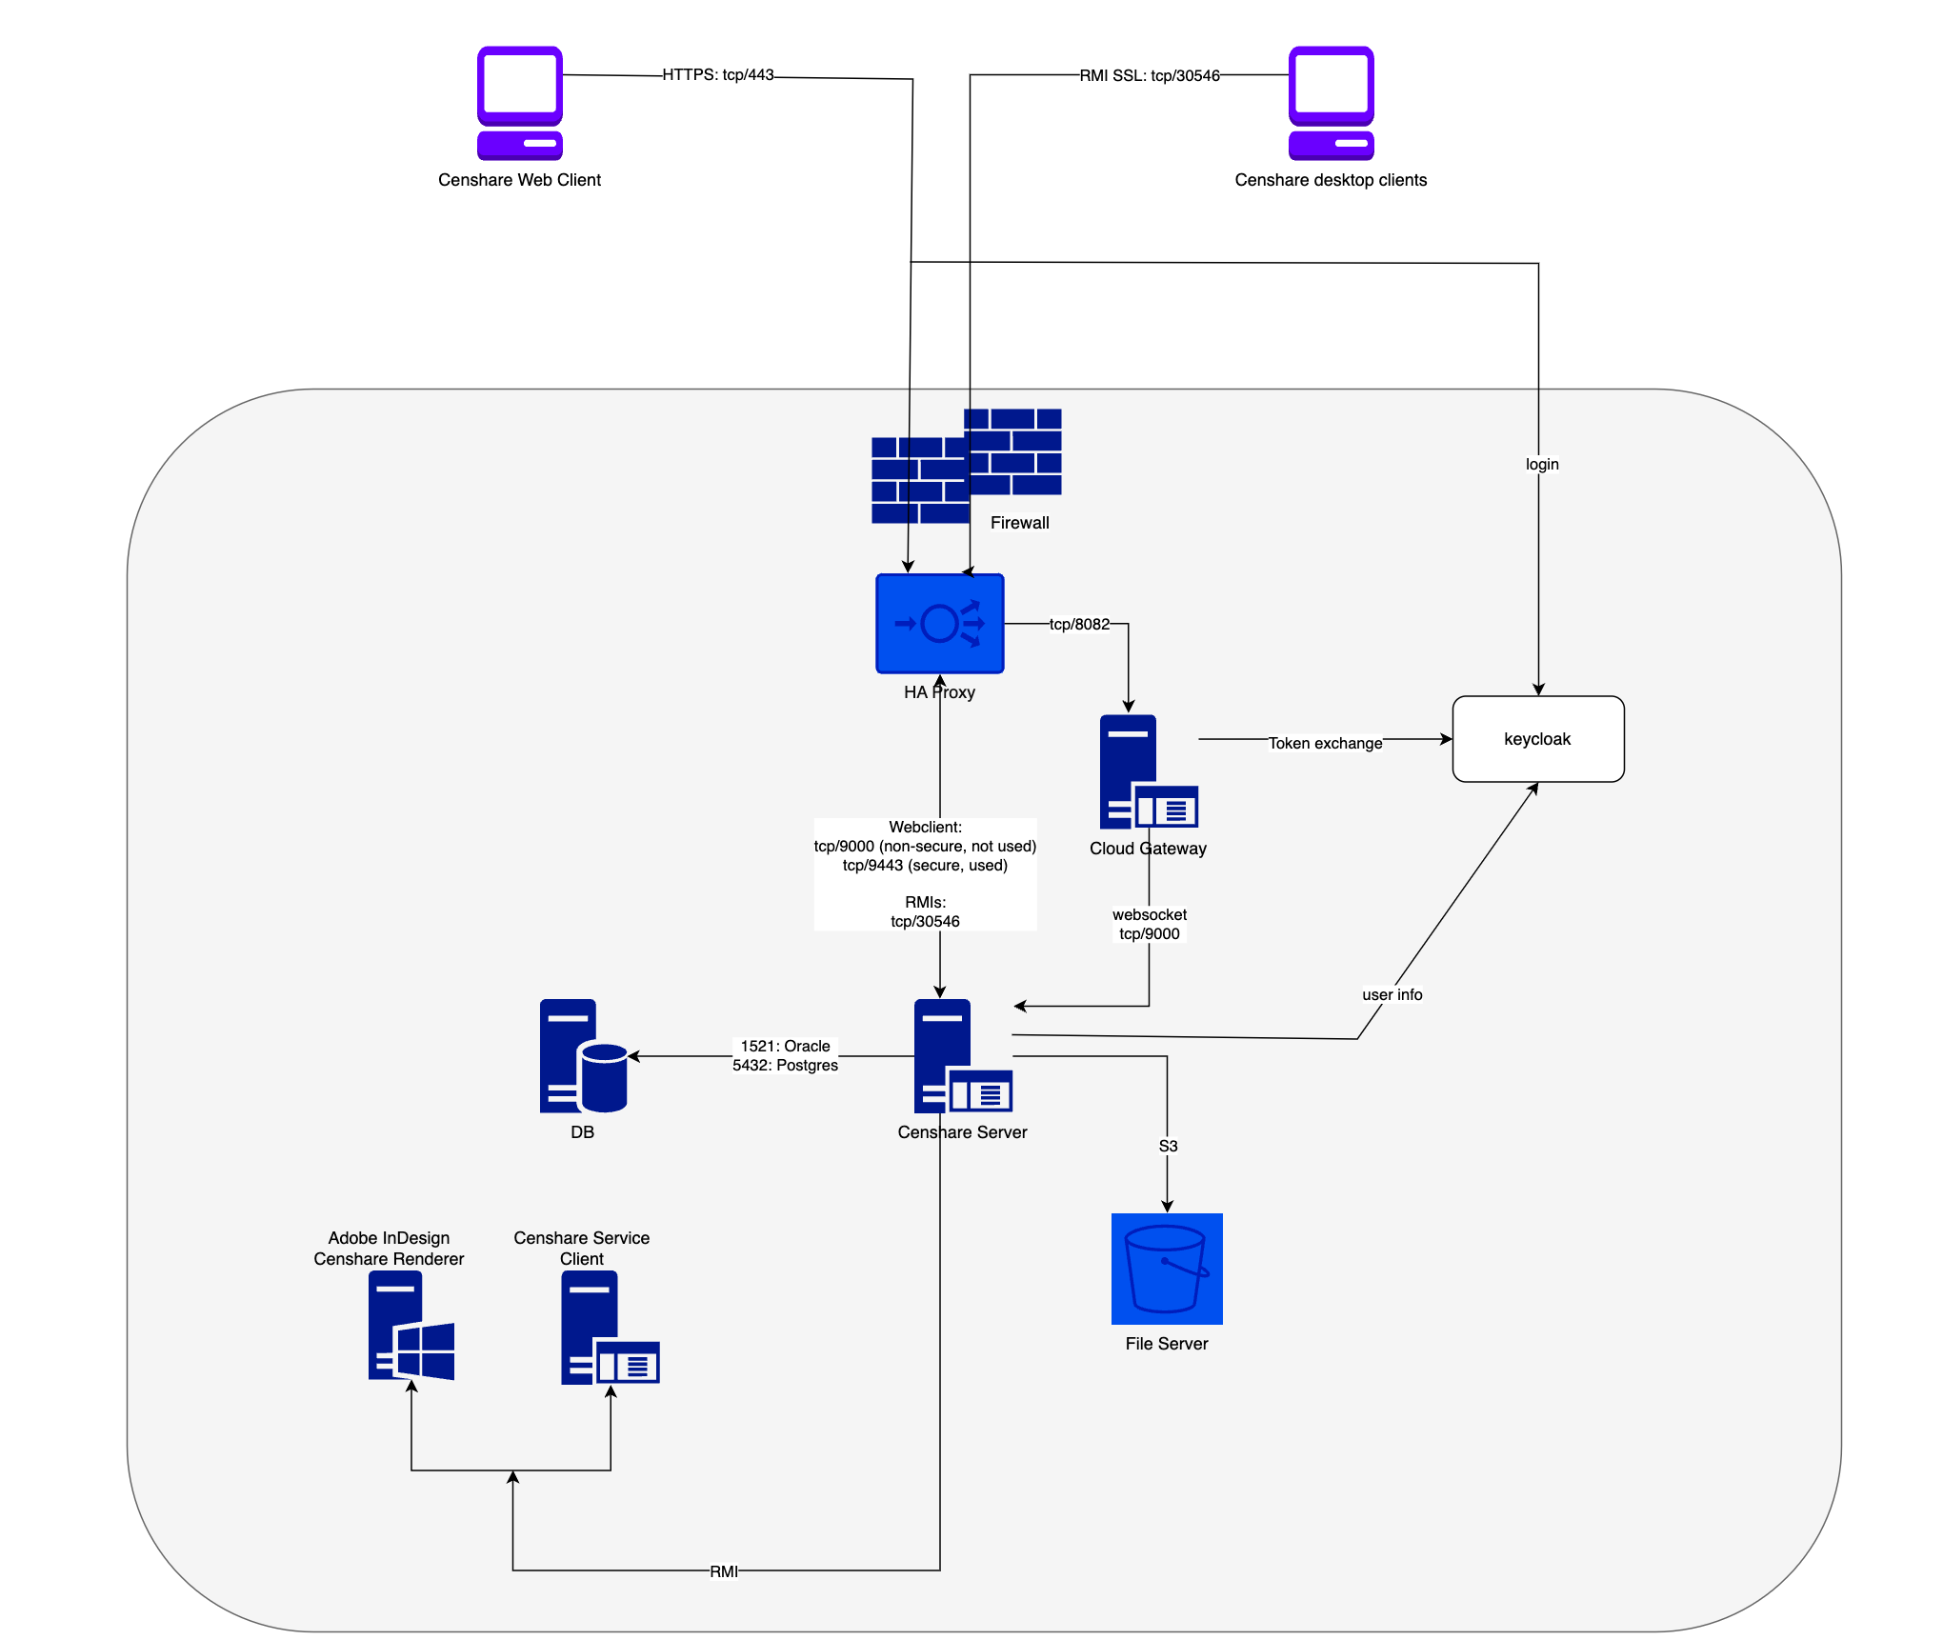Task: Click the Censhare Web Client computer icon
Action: pyautogui.click(x=519, y=103)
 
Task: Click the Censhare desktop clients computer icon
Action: pyautogui.click(x=1331, y=103)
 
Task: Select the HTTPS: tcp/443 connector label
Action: pyautogui.click(x=718, y=75)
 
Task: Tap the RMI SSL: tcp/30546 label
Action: pyautogui.click(x=1149, y=76)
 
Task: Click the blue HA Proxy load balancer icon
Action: pyautogui.click(x=939, y=624)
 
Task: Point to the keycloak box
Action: pyautogui.click(x=1537, y=739)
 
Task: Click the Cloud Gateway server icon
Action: pyautogui.click(x=1147, y=772)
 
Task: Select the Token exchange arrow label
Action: pyautogui.click(x=1324, y=743)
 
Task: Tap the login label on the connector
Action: pyautogui.click(x=1541, y=465)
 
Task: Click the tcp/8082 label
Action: pyautogui.click(x=1079, y=625)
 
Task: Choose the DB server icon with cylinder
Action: pyautogui.click(x=582, y=1056)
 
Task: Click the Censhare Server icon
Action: pyautogui.click(x=961, y=1056)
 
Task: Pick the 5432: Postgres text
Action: pyautogui.click(x=785, y=1066)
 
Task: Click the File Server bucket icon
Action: pyautogui.click(x=1166, y=1269)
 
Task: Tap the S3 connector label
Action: pyautogui.click(x=1168, y=1147)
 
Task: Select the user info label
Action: pyautogui.click(x=1392, y=995)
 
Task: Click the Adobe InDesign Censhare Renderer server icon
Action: pyautogui.click(x=411, y=1326)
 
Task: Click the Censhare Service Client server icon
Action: pyautogui.click(x=609, y=1328)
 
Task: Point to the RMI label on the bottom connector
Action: pyautogui.click(x=723, y=1571)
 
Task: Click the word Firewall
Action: pyautogui.click(x=1019, y=523)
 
